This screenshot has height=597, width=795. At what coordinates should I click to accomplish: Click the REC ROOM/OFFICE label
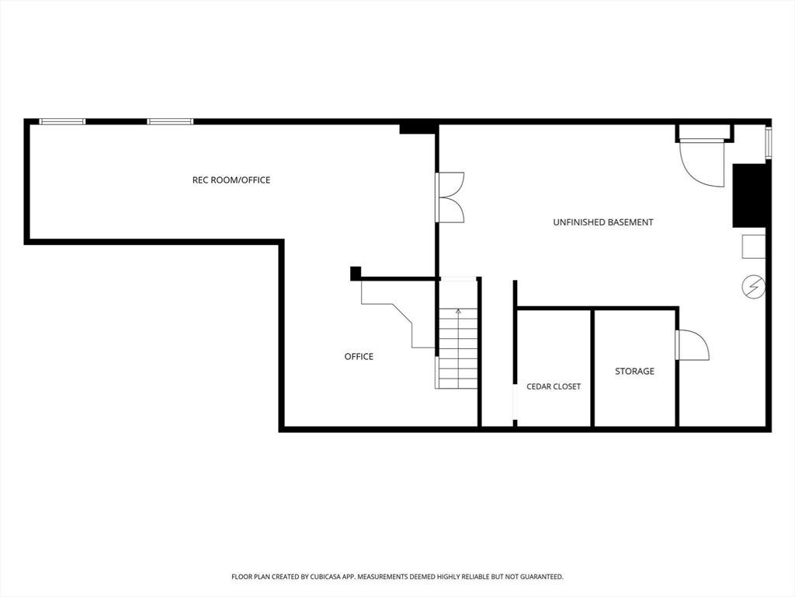click(x=231, y=180)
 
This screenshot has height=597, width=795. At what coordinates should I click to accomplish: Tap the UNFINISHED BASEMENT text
click(x=602, y=222)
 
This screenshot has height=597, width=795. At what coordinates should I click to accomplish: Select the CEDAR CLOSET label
click(x=554, y=386)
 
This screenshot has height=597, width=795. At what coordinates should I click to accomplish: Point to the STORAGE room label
click(x=634, y=371)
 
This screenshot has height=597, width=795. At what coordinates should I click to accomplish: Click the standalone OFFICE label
click(x=359, y=356)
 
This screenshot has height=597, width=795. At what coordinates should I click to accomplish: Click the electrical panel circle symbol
click(x=753, y=287)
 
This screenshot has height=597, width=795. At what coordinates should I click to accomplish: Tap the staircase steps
click(x=458, y=348)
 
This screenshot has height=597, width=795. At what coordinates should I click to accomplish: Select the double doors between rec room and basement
click(x=450, y=197)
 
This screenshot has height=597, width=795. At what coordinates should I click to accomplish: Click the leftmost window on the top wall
click(x=62, y=121)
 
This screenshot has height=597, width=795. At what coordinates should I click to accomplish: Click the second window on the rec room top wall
click(x=170, y=121)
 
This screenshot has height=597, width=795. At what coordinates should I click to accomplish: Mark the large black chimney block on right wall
click(x=749, y=195)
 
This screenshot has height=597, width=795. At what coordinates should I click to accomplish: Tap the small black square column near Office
click(x=356, y=273)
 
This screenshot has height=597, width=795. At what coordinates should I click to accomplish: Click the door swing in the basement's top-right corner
click(x=702, y=163)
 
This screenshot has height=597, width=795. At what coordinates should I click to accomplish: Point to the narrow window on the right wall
click(x=769, y=141)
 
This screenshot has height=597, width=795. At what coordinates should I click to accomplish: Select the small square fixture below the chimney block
click(x=754, y=246)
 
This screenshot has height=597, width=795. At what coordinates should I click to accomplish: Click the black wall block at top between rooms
click(x=418, y=128)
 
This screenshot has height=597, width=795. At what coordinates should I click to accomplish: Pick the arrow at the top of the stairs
click(x=458, y=311)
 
